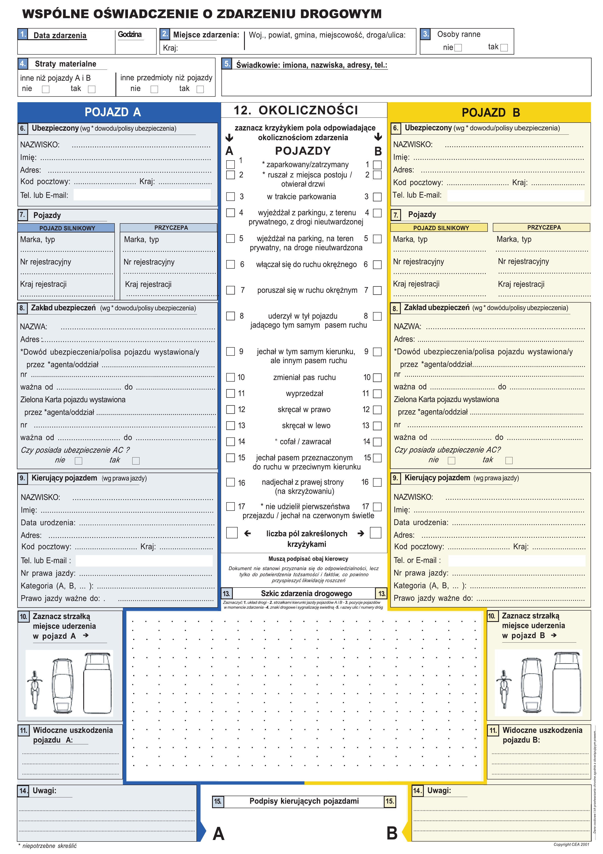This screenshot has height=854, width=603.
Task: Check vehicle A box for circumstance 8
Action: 231,316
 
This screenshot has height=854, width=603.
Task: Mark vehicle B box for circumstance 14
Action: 377,442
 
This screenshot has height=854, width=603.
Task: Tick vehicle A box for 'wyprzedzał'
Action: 231,393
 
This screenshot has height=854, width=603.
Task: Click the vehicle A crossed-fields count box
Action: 232,533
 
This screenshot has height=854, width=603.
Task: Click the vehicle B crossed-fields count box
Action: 376,533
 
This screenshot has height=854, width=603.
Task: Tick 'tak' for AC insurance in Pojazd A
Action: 136,461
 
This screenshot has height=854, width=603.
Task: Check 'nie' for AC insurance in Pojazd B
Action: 451,461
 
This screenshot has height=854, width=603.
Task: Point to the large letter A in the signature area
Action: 218,834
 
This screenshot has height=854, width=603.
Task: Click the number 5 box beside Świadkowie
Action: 227,64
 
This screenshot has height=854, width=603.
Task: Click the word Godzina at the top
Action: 130,35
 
